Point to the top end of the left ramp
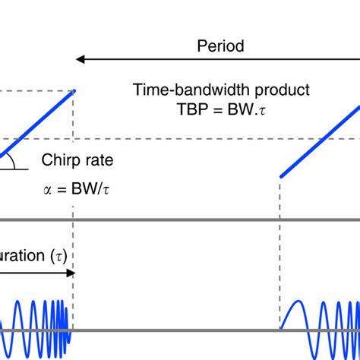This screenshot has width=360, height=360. (x=74, y=90)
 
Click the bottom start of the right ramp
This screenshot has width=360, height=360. (x=281, y=176)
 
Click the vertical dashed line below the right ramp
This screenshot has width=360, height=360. (x=281, y=243)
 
